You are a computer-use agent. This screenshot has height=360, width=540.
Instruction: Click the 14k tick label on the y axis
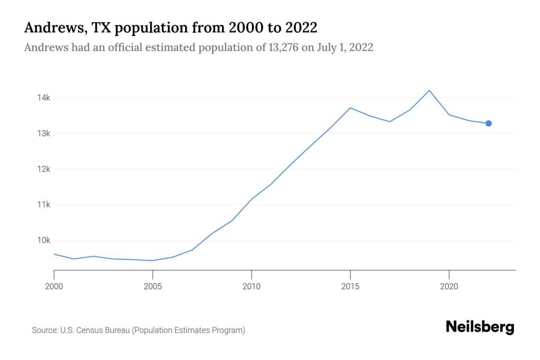point(43,98)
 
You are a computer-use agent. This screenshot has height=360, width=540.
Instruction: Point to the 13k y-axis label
point(43,133)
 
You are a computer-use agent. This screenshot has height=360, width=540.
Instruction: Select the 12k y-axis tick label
point(43,169)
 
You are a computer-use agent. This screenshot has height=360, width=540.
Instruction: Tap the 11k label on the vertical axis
point(43,205)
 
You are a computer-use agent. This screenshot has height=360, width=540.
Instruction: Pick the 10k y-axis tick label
point(43,240)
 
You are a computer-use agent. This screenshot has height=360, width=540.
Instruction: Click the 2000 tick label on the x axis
point(54,286)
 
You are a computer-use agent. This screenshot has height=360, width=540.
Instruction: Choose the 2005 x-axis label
point(152,286)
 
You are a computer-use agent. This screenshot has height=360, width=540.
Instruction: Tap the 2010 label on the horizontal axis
point(252,286)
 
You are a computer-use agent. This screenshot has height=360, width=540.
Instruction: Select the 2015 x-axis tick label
point(350,286)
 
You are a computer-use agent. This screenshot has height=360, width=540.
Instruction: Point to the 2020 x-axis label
point(449,286)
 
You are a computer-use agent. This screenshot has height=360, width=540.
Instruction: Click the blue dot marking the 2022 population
point(488,123)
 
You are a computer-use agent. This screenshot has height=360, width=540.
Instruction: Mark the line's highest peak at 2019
point(429,91)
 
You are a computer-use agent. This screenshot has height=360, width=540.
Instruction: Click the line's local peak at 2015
point(350,108)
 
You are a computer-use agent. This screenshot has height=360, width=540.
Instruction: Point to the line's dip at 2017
point(390,122)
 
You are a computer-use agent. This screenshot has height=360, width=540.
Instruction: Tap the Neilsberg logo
point(479,327)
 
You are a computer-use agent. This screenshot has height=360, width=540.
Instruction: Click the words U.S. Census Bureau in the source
point(95,330)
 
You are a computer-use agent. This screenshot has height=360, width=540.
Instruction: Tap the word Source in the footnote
point(44,330)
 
